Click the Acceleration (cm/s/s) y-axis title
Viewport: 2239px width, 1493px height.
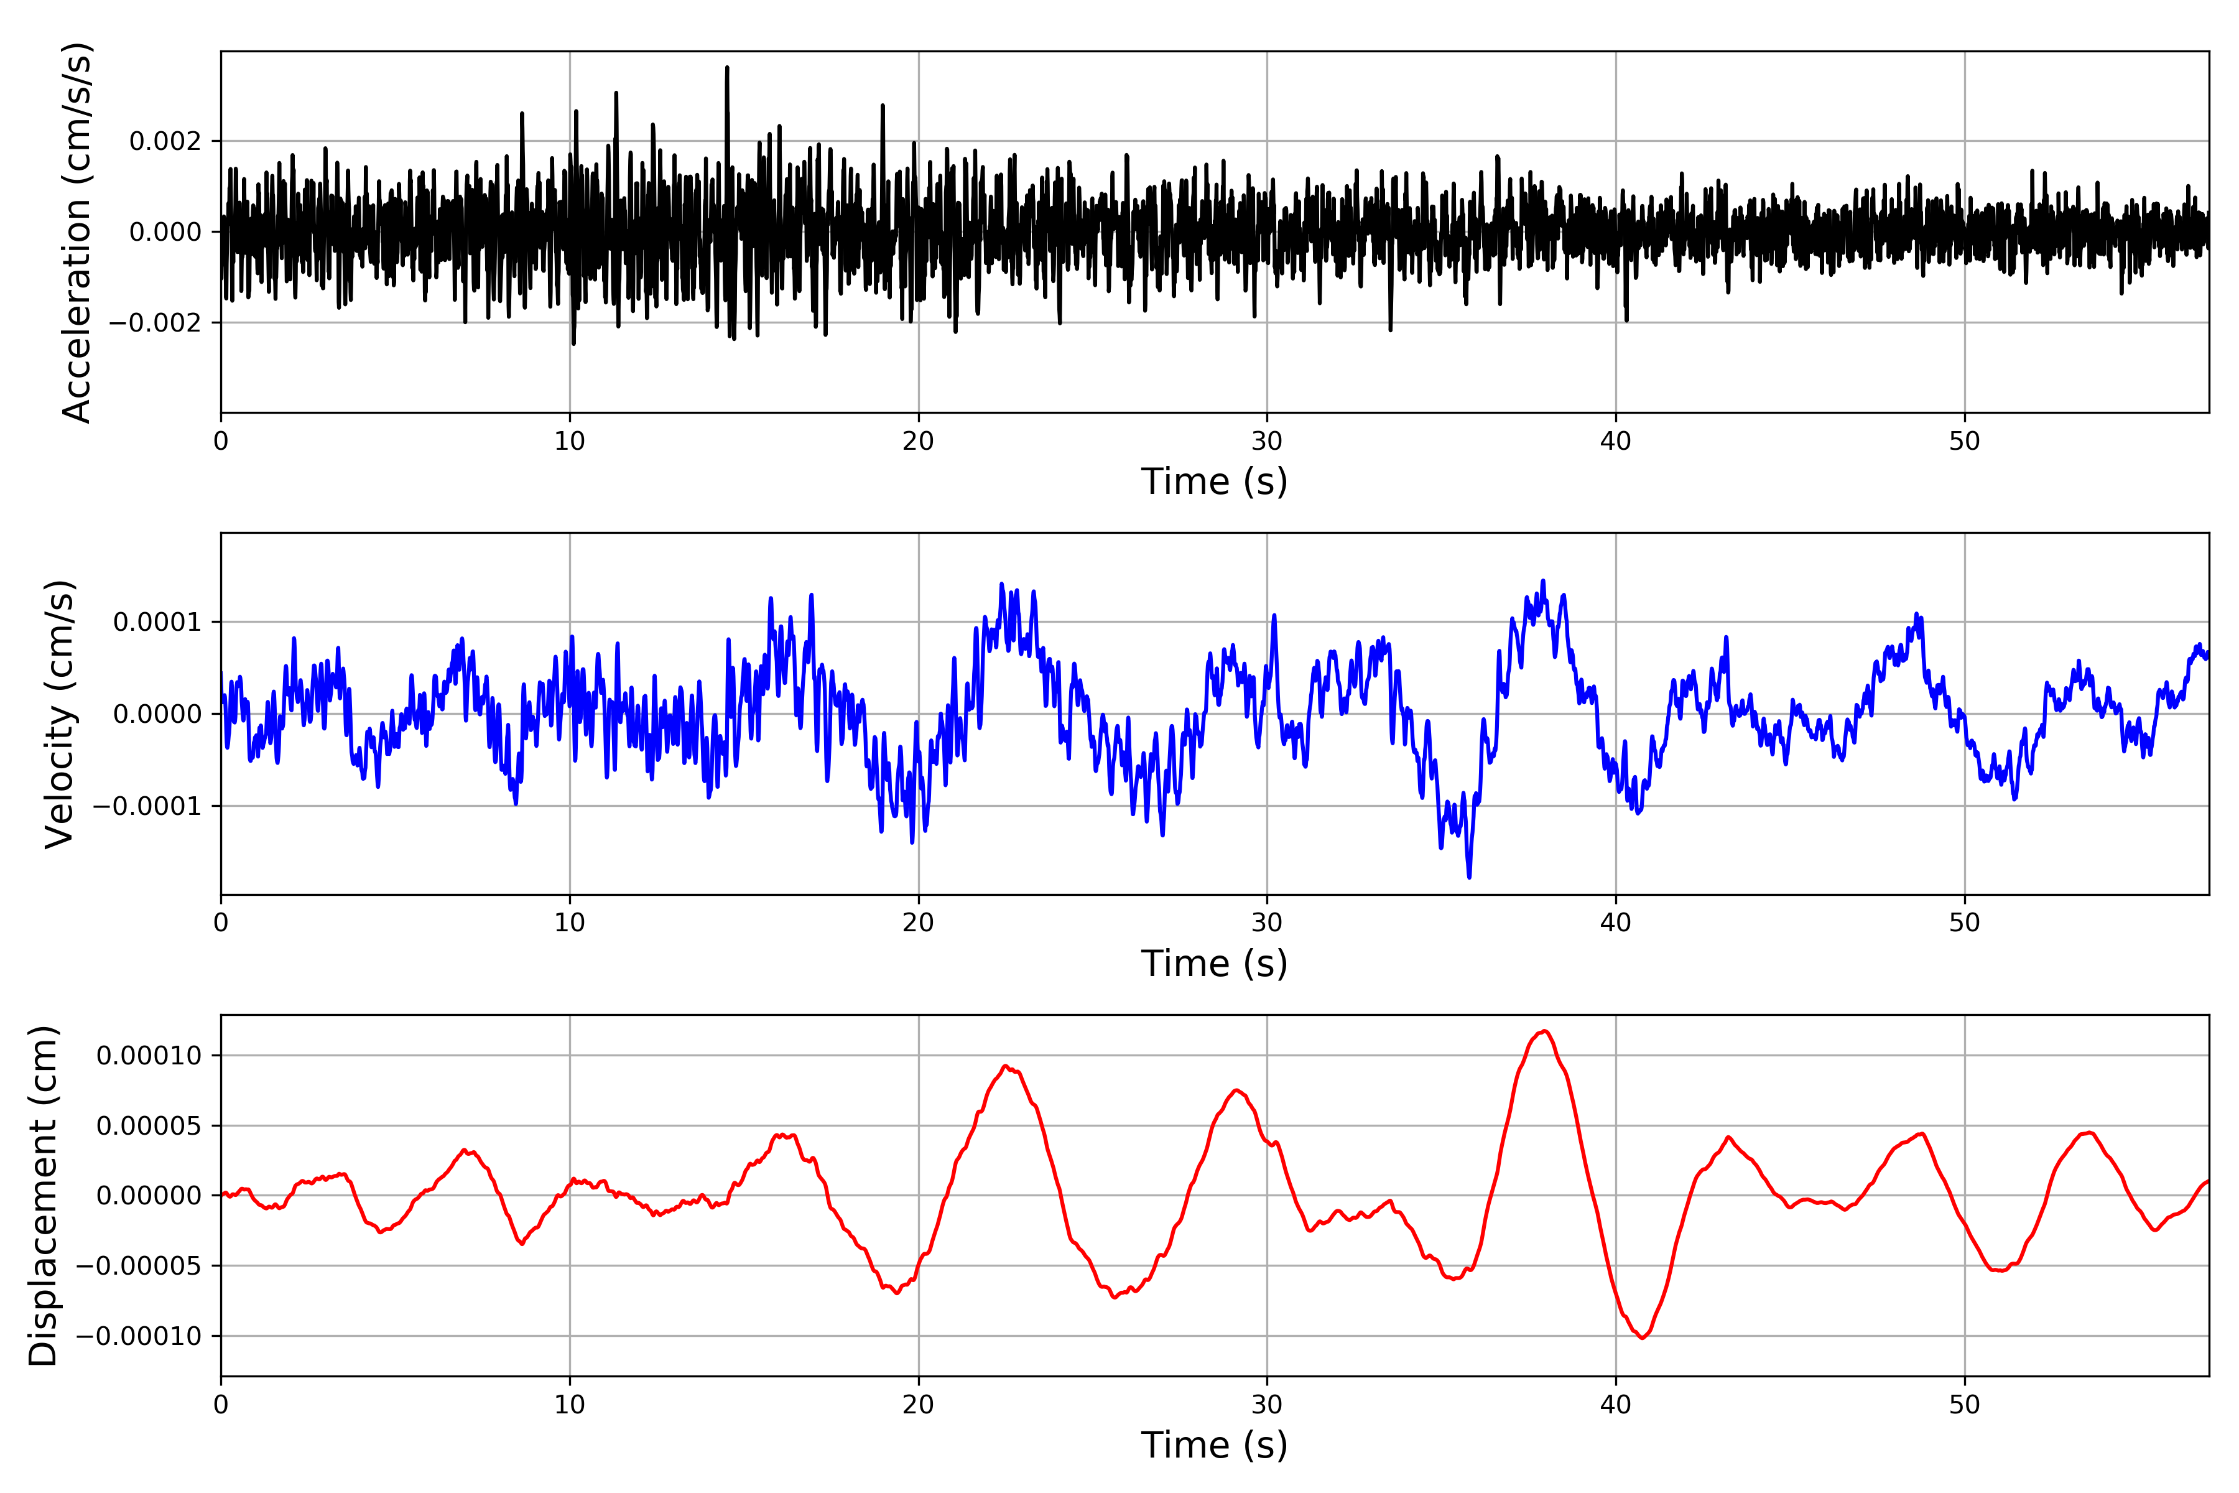76,232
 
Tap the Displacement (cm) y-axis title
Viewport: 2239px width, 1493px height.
43,1196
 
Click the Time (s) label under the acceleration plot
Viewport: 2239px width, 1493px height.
1214,481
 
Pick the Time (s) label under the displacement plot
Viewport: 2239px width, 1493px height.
1214,1445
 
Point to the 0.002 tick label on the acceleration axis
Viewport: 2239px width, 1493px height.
165,142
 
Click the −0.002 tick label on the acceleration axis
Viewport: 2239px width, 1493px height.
155,323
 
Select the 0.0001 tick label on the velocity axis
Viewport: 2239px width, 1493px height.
157,623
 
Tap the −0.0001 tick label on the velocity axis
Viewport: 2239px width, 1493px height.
147,806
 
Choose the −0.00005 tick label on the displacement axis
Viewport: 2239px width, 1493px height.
139,1267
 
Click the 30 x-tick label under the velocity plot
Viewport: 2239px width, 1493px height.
1267,923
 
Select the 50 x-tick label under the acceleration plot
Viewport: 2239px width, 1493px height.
1965,441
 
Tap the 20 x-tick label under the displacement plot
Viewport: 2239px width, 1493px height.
919,1405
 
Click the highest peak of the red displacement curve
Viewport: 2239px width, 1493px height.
1544,1031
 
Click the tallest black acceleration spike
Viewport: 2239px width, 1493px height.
727,68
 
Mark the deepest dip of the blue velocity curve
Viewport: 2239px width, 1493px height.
1470,876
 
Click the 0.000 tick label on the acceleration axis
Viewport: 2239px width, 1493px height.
165,232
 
